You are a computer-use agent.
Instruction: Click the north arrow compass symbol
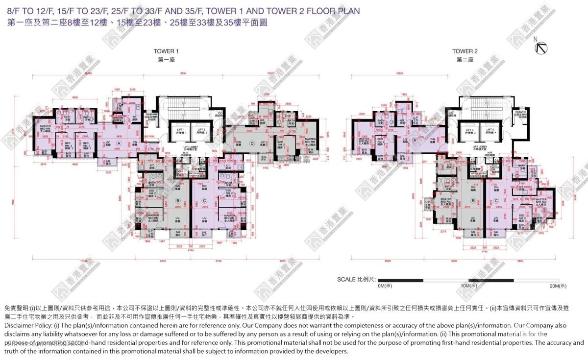pos(542,47)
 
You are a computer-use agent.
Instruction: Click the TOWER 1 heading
pos(166,51)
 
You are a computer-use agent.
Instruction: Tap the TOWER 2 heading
pos(465,51)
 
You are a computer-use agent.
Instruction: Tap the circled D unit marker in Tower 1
pos(252,143)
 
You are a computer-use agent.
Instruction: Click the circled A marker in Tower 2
pos(415,139)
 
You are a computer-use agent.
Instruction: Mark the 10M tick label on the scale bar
pos(468,286)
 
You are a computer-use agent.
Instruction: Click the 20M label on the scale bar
pos(558,286)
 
